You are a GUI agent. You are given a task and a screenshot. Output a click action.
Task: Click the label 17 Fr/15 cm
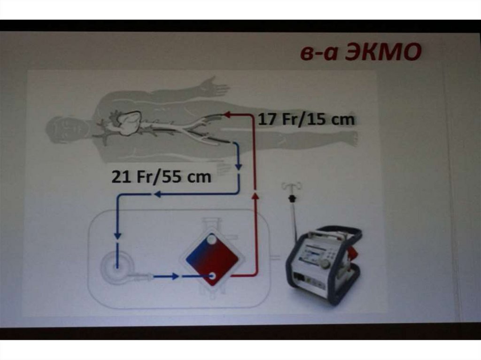[306, 119]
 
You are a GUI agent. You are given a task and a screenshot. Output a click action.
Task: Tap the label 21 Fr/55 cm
[162, 176]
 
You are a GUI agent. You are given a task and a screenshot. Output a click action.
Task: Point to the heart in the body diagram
[129, 123]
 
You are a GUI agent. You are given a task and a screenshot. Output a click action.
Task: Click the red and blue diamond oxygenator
[212, 260]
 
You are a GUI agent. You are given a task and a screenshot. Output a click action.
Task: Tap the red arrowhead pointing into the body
[229, 115]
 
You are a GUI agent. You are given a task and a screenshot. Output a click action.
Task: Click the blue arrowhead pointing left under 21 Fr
[158, 194]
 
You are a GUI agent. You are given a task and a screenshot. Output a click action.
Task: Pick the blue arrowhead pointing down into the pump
[117, 236]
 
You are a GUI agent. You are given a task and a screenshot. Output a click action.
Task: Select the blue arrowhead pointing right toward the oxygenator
[175, 276]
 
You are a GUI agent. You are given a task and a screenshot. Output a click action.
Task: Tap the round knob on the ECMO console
[324, 262]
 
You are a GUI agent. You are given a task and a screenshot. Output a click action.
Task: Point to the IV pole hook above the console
[291, 186]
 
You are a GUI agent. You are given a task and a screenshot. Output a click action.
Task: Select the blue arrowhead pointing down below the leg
[238, 167]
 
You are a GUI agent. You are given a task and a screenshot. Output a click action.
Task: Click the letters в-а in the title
[319, 53]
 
